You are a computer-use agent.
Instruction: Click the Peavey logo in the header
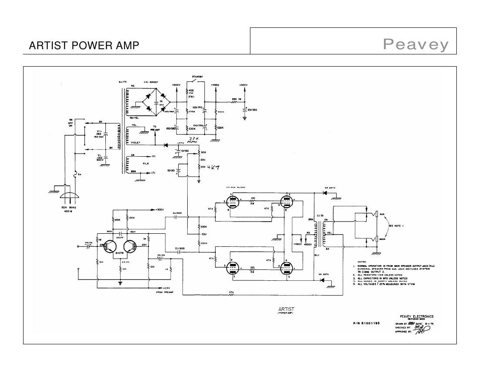[x=415, y=44]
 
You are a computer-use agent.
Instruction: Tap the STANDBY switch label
[x=197, y=77]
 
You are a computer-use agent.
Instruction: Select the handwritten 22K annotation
[x=192, y=139]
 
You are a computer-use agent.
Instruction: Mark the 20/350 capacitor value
[x=252, y=110]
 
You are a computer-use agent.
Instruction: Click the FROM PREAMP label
[x=165, y=292]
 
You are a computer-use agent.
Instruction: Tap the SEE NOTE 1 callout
[x=396, y=226]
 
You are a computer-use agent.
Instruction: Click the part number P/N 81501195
[x=367, y=323]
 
